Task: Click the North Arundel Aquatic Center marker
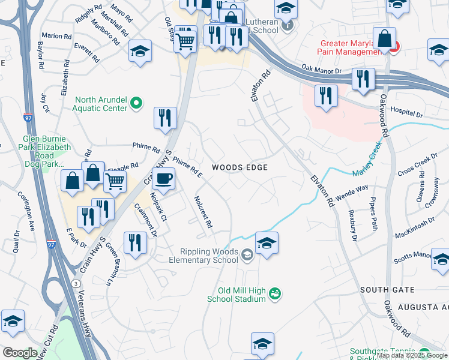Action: [x=136, y=104]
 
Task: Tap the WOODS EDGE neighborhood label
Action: [x=240, y=167]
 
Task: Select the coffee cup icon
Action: [x=163, y=178]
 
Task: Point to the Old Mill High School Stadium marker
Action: [x=276, y=294]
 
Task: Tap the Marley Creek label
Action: [x=367, y=160]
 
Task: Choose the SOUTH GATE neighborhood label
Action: [x=387, y=290]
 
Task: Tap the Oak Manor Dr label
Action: [x=321, y=70]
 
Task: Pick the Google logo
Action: [x=20, y=353]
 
